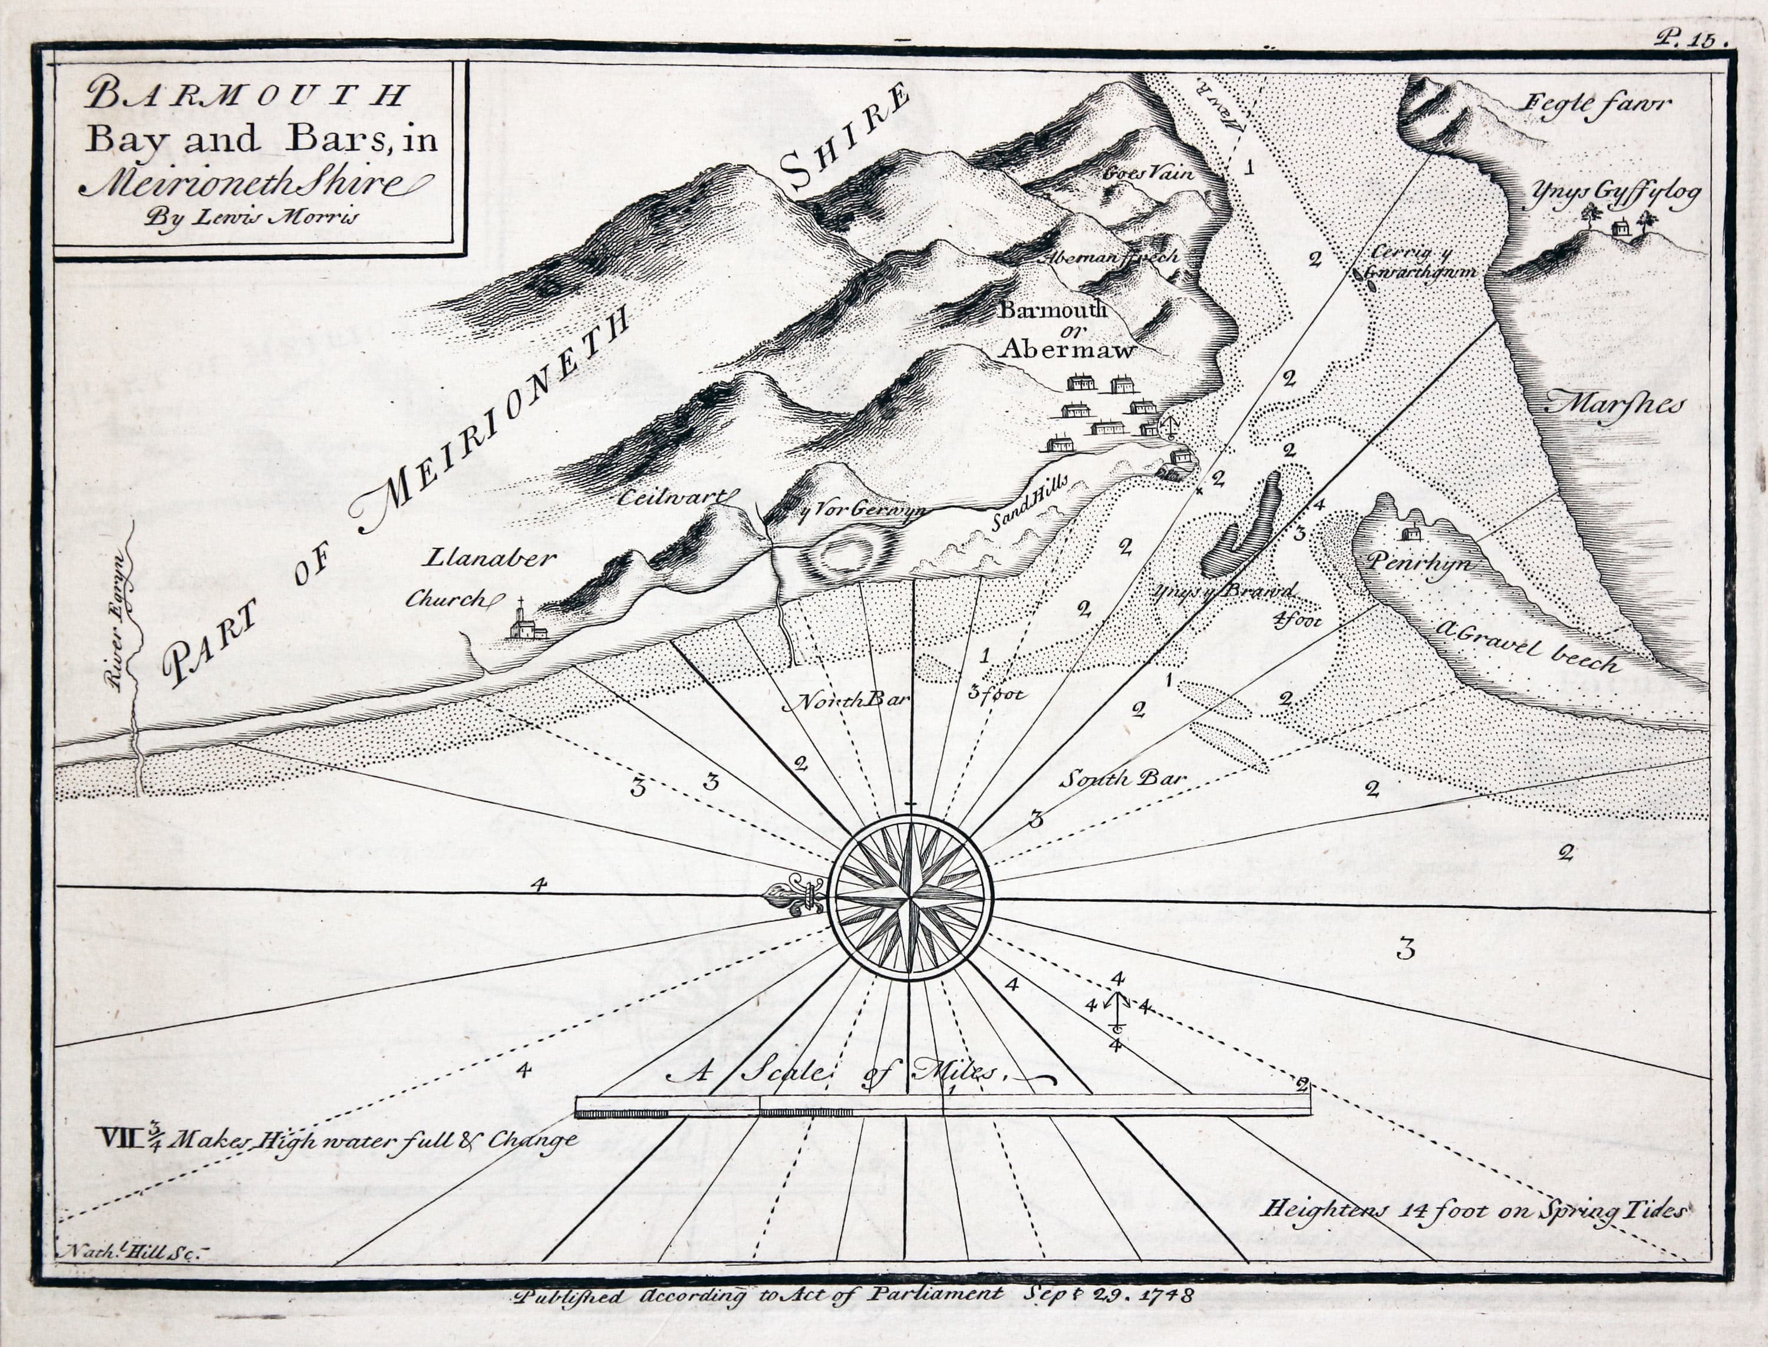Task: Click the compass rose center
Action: pos(911,898)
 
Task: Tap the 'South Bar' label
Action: pos(1121,778)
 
